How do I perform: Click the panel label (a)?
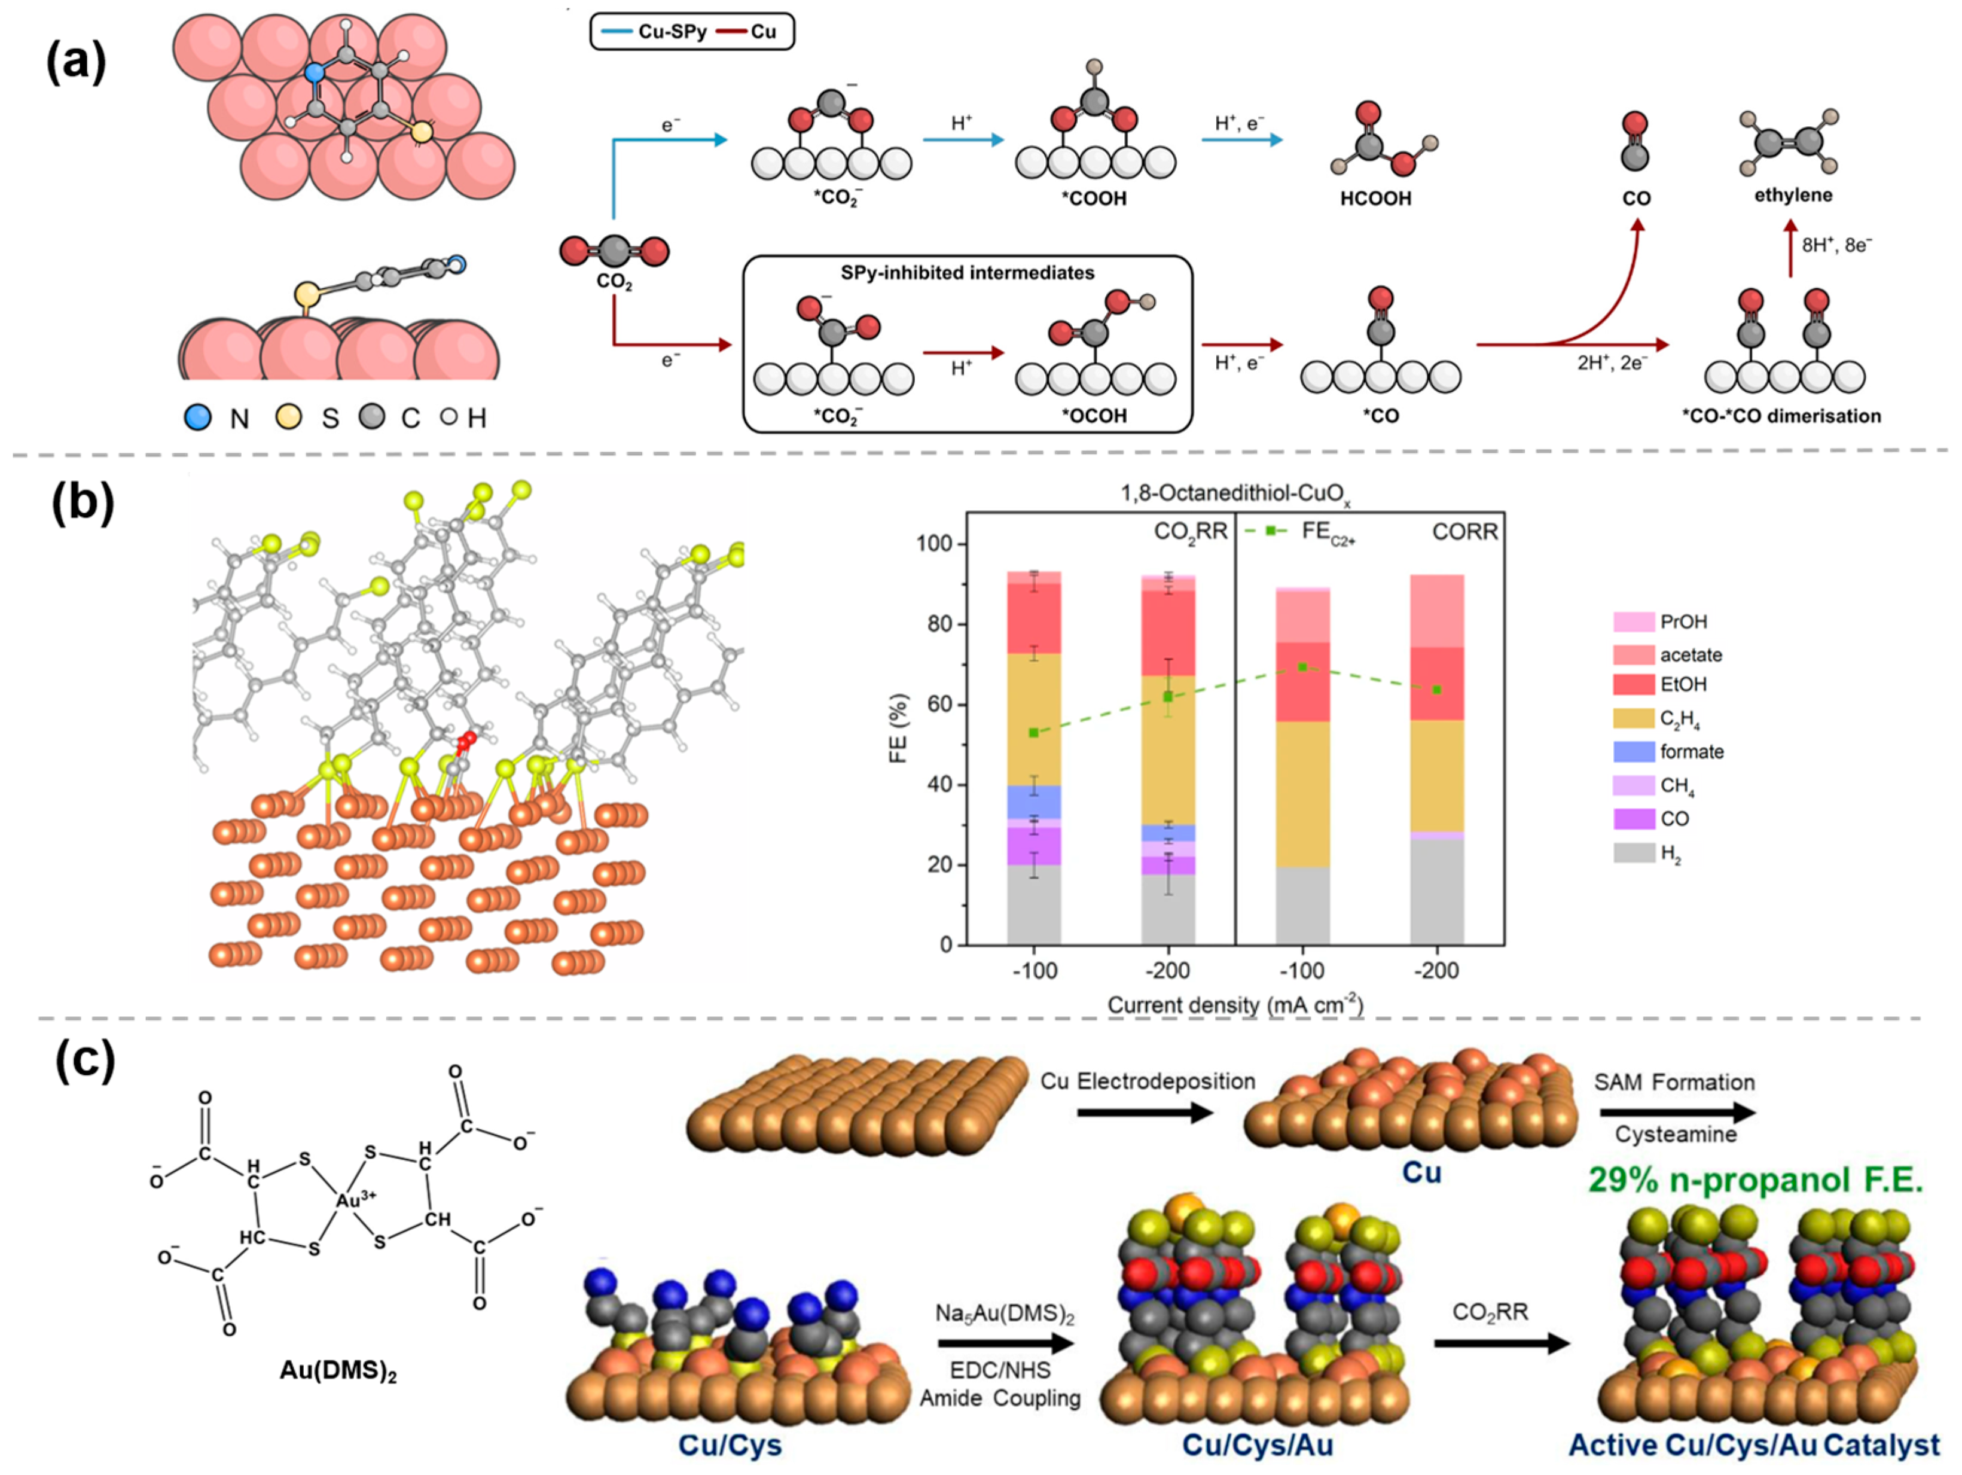[77, 63]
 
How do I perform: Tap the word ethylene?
[1793, 194]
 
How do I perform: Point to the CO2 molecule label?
[614, 283]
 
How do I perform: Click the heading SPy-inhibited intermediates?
[967, 272]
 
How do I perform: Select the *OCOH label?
[1094, 416]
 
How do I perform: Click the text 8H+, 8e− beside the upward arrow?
[1836, 245]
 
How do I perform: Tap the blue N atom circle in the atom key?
[197, 417]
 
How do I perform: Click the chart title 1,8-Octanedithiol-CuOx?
[1235, 493]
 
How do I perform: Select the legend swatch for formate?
[1633, 751]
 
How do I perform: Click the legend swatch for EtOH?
[1633, 684]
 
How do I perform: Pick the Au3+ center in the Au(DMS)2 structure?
[356, 1200]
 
